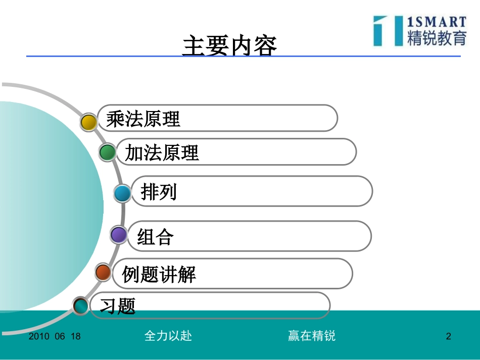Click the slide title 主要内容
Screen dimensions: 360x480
(229, 46)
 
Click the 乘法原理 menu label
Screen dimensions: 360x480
(143, 119)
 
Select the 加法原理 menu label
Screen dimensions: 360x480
(162, 152)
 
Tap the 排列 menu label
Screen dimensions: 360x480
(159, 192)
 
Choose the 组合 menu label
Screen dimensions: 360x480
(155, 236)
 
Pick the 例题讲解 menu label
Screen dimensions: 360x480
(159, 274)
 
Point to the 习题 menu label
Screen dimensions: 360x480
(118, 305)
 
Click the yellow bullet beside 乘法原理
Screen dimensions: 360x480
(89, 122)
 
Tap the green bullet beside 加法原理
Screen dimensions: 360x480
(107, 152)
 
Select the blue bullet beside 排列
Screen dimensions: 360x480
(122, 193)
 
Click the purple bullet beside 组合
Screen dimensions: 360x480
(119, 235)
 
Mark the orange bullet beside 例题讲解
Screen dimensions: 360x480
(103, 272)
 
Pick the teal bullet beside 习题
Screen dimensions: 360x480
(81, 305)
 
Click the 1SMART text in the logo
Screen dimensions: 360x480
(437, 22)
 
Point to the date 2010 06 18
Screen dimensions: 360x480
(55, 336)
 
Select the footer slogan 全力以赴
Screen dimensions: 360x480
(168, 336)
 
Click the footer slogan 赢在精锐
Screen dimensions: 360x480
(312, 336)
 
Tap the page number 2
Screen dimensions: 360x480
(448, 336)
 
